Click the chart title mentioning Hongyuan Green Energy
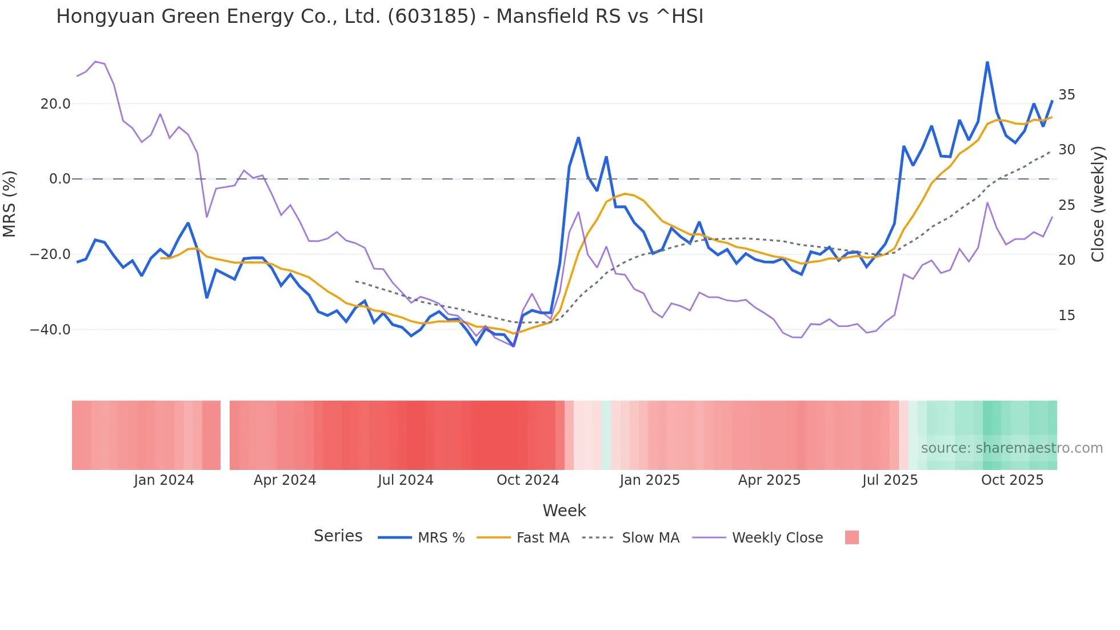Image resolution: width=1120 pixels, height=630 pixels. point(379,16)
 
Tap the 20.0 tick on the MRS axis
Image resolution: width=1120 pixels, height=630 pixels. point(55,104)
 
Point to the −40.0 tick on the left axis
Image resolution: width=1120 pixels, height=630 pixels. point(51,330)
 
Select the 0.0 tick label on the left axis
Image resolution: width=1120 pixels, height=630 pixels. point(60,179)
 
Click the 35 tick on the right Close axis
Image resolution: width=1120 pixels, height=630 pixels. point(1066,95)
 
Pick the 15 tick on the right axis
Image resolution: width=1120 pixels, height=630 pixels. point(1066,316)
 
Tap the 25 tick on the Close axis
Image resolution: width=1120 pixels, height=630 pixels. point(1066,205)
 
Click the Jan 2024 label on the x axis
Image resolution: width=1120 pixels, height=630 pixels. point(164,480)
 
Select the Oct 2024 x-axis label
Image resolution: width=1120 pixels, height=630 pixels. point(527,480)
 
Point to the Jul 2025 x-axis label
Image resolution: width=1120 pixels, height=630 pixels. point(890,480)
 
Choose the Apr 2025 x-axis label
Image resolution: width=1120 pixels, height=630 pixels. point(769,480)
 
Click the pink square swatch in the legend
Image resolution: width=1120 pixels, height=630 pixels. point(851,537)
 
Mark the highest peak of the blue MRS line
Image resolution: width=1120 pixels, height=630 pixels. point(987,62)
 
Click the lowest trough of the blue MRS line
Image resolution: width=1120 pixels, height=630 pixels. point(513,346)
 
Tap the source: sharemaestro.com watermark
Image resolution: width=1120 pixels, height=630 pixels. point(1011,448)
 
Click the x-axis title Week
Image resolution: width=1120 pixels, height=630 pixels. point(564,511)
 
